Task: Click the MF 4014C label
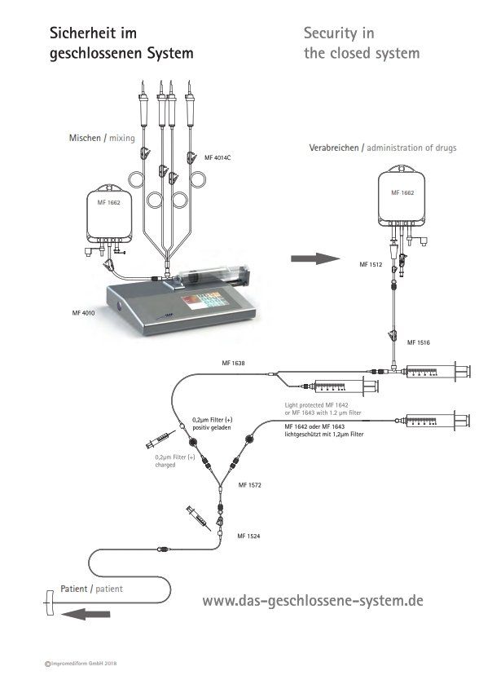217,158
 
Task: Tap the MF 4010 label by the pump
83,313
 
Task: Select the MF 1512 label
371,264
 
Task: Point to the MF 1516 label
418,342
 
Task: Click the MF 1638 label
233,363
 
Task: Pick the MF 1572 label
250,485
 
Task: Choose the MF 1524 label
248,536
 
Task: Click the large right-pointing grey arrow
315,259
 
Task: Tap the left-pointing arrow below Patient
86,614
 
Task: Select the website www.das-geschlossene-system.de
313,601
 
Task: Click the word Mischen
85,138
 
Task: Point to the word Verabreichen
334,148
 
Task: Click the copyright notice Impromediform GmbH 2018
81,664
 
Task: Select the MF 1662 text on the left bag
108,202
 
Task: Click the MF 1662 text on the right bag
402,192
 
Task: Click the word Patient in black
74,589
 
